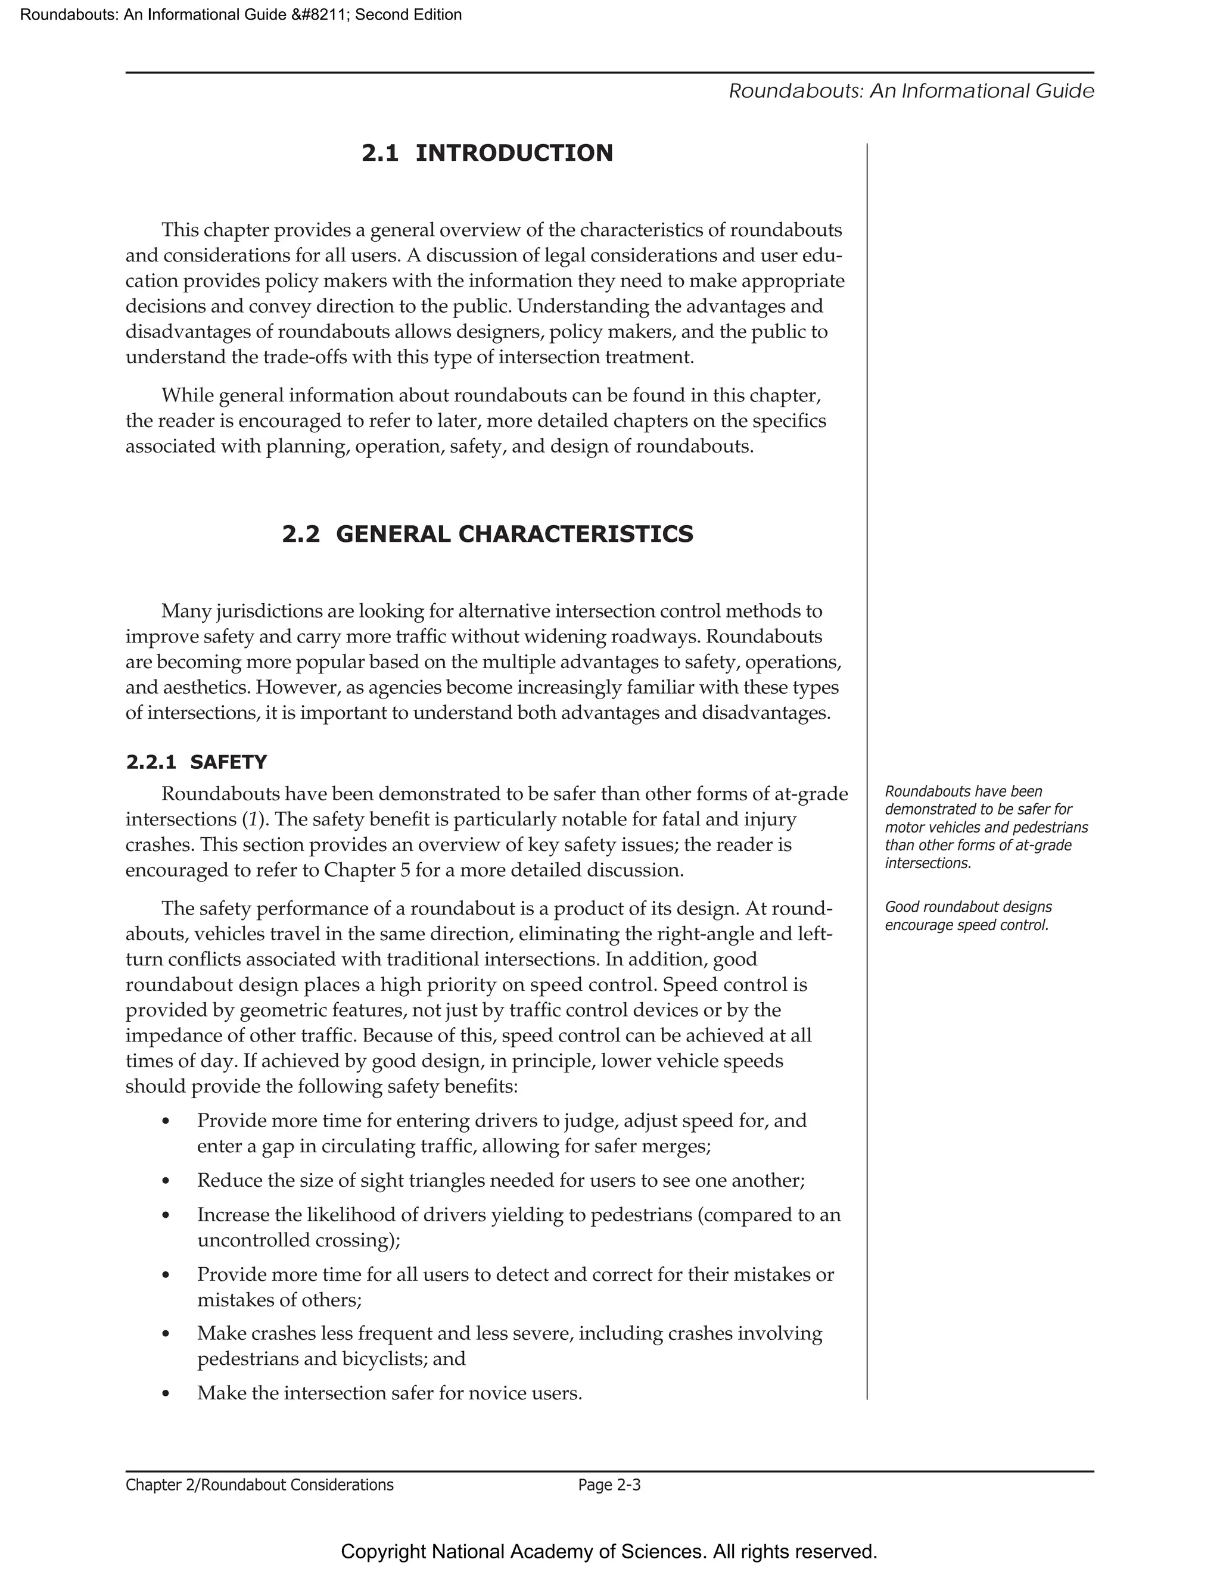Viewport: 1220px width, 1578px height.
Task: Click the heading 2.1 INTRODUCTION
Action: coord(487,153)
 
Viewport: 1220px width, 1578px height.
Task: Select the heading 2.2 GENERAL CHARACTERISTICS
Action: coord(487,534)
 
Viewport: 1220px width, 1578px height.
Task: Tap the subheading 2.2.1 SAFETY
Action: coord(197,762)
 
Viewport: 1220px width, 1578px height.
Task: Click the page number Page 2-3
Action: coord(609,1485)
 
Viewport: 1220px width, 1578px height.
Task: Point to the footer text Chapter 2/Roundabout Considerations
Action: coord(260,1485)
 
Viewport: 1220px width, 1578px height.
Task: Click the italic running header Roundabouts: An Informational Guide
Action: coord(911,91)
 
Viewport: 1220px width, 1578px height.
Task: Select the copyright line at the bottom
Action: coord(609,1551)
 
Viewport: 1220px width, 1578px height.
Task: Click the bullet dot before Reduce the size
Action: coord(166,1181)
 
